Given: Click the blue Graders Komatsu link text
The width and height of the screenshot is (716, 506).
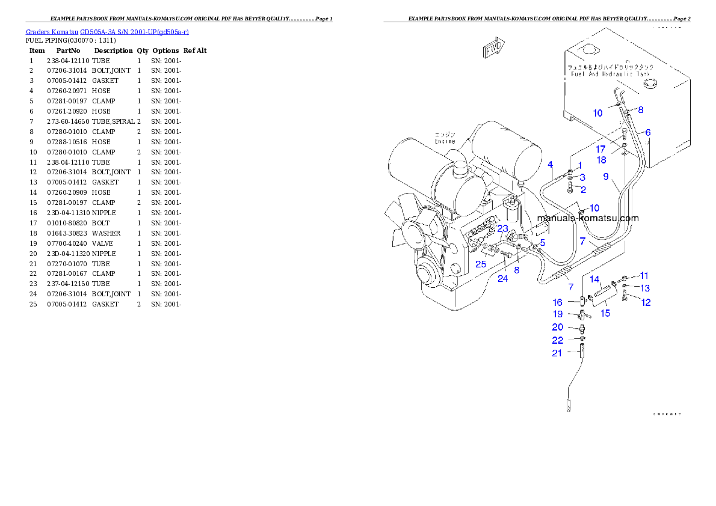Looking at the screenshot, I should (x=107, y=32).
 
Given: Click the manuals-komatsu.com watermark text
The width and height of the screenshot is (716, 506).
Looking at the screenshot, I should (x=587, y=219).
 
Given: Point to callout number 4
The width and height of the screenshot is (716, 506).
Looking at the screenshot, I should (x=550, y=164).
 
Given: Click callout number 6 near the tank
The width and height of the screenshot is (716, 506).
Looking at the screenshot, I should (x=647, y=132).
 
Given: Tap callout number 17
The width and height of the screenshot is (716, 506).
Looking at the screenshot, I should (x=601, y=149).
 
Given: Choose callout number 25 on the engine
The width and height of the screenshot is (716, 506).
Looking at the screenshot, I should (x=480, y=264).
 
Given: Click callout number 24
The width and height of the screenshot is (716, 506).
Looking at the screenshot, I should (x=502, y=278).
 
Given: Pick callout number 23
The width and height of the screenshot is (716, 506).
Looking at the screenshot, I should (x=502, y=228).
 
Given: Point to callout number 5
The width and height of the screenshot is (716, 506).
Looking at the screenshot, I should (x=542, y=242).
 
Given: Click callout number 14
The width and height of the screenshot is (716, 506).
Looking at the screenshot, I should (x=594, y=279).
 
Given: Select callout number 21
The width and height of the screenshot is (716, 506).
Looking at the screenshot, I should (x=557, y=353).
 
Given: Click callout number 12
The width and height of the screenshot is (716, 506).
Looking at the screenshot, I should (x=646, y=302).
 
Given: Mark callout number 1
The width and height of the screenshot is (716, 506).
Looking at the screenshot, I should (x=580, y=165).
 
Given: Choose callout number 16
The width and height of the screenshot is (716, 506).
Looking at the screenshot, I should (x=558, y=302).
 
